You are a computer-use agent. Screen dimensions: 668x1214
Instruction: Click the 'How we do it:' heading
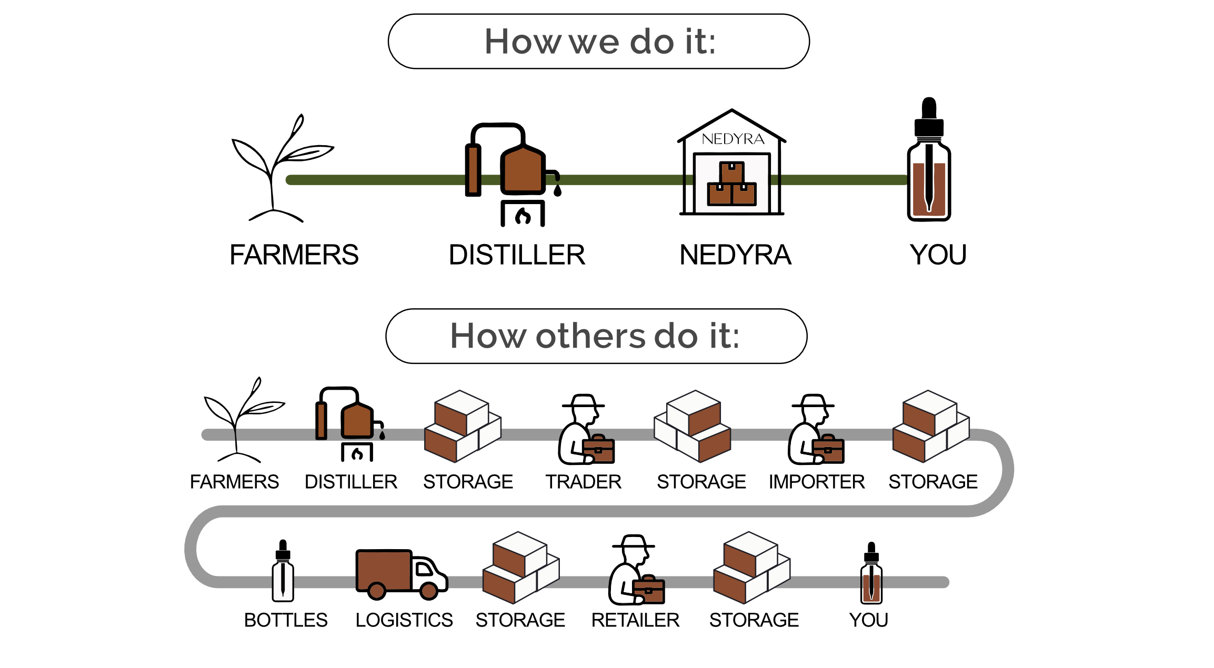599,42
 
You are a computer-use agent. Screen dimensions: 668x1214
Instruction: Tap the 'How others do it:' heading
595,336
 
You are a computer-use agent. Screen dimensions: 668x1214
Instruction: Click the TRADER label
583,482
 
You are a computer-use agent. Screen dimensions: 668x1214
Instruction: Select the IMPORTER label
816,482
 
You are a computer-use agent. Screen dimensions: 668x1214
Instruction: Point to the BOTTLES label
286,620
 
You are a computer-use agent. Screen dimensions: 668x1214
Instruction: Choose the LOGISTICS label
404,620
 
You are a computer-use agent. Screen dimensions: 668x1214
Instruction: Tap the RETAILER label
635,620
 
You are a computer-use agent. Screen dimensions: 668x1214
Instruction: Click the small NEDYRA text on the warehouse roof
733,139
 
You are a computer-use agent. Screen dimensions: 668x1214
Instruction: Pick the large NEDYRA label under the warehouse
735,255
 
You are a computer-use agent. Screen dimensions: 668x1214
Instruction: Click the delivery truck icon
400,573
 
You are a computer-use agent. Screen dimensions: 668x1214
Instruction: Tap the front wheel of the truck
429,591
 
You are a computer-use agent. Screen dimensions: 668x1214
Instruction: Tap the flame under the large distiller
523,216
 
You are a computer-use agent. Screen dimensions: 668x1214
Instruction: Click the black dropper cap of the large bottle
929,118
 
